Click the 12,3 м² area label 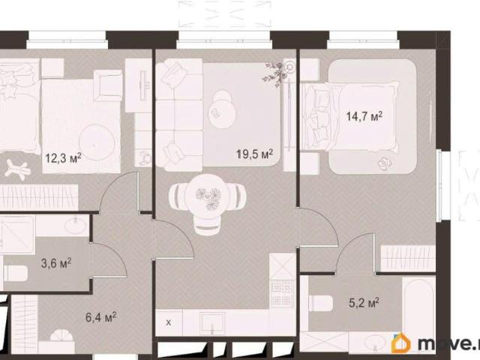63,158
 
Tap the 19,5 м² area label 254,154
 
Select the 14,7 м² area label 364,116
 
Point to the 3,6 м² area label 56,263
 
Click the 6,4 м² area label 100,317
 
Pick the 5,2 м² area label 364,303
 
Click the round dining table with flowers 208,196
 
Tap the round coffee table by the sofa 223,112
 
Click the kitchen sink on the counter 212,323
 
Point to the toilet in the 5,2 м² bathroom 320,303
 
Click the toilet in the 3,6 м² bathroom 16,273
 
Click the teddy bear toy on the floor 18,168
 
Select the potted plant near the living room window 274,73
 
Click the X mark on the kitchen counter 168,322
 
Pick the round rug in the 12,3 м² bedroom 97,142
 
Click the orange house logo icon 401,343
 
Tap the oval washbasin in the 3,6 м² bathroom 75,226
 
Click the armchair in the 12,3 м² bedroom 108,85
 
